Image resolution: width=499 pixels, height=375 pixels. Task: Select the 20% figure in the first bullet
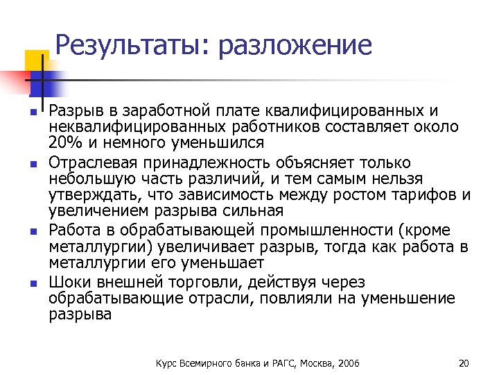pos(64,143)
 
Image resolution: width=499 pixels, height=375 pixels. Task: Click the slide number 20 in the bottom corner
pos(464,363)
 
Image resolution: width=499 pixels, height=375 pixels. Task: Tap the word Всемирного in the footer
pos(206,363)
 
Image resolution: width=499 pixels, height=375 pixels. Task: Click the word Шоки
pos(69,283)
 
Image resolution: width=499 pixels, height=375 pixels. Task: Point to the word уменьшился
pos(224,143)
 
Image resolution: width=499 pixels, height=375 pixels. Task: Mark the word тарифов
pos(422,194)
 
